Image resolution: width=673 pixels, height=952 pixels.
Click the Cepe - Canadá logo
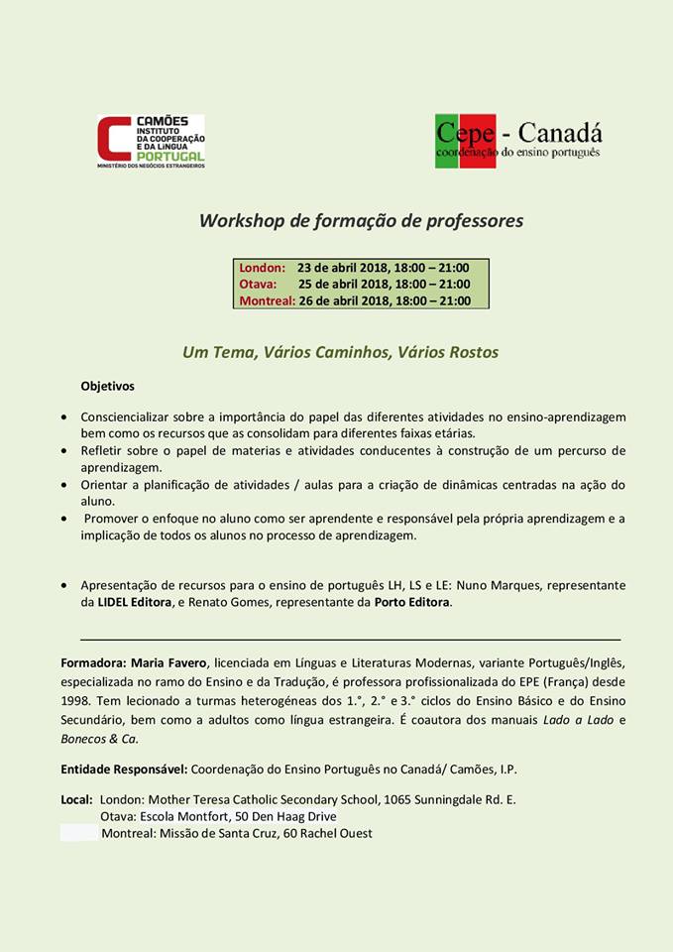[x=518, y=140]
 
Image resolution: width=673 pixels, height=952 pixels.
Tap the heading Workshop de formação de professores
[x=361, y=221]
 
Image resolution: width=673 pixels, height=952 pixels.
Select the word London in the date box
[x=262, y=268]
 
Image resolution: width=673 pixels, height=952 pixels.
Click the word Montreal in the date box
[x=267, y=301]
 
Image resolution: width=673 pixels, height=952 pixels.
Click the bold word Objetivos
[x=107, y=386]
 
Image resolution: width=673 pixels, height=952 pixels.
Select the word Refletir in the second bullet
[x=102, y=450]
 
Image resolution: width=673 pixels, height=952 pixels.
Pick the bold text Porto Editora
[x=412, y=602]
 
